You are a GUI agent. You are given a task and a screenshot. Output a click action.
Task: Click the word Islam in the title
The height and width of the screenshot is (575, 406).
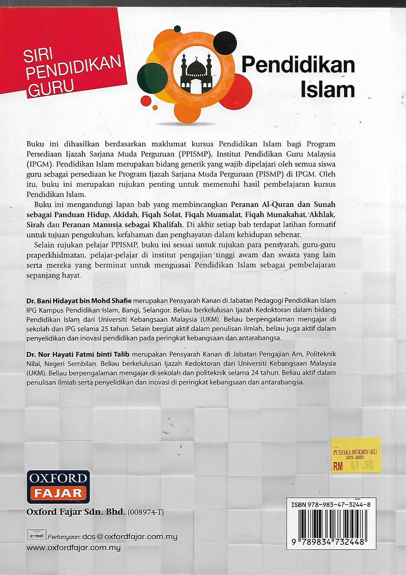click(327, 90)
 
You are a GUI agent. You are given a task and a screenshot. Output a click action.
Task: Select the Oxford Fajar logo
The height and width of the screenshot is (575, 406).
click(58, 486)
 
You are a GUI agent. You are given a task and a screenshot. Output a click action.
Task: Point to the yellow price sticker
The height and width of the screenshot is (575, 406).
click(356, 456)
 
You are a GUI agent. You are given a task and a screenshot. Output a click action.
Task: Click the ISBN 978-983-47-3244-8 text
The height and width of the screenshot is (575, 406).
click(331, 505)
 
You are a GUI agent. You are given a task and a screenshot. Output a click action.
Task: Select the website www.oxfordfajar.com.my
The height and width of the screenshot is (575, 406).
click(73, 548)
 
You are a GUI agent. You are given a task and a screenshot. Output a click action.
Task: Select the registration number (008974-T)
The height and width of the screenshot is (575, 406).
click(146, 512)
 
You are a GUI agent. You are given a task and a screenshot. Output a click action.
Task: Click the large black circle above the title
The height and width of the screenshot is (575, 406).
click(225, 43)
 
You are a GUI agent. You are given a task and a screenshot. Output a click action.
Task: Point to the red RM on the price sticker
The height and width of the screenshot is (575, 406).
click(338, 466)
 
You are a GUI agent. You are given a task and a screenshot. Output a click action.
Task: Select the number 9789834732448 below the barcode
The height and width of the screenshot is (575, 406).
click(331, 542)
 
